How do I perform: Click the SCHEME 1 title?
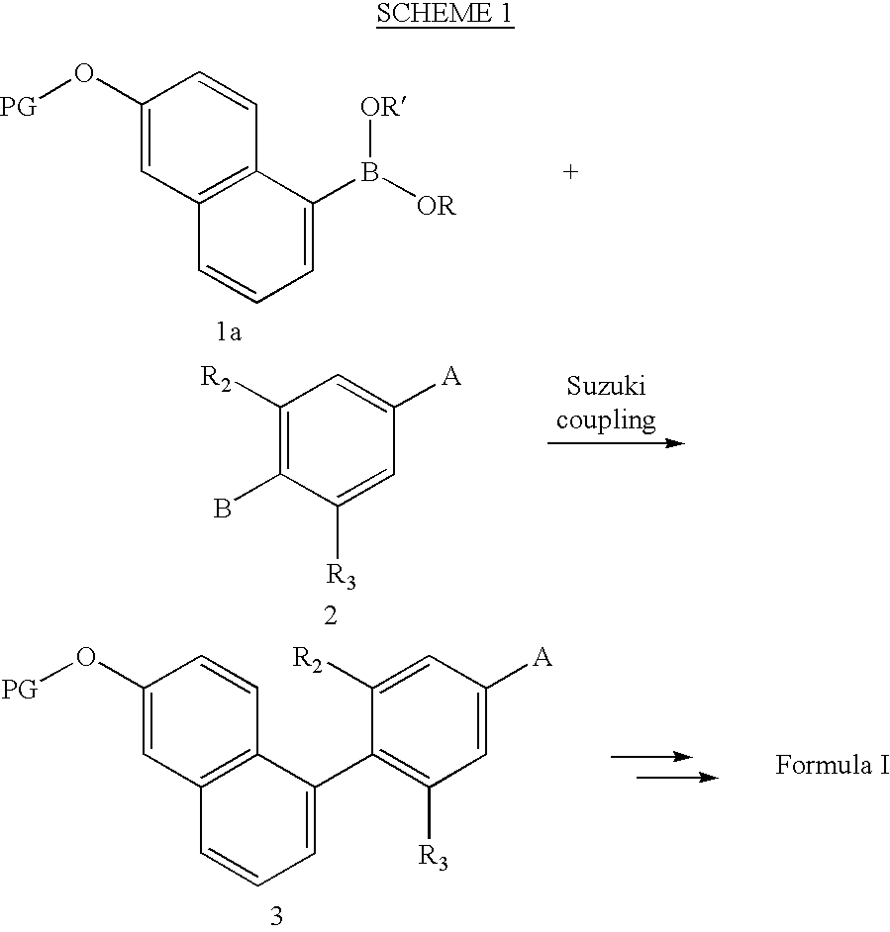coord(445,13)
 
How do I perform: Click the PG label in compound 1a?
coord(18,107)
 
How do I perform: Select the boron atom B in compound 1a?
coord(370,172)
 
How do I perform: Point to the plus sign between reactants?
coord(570,172)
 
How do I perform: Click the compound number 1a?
coord(229,332)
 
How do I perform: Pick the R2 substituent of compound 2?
coord(216,377)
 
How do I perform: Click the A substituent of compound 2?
coord(451,376)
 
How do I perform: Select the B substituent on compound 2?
coord(222,509)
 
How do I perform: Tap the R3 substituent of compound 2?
coord(341,577)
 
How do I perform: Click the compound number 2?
coord(331,615)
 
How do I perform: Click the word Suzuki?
coord(606,386)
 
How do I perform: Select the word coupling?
coord(606,420)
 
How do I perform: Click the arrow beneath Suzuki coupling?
coord(617,443)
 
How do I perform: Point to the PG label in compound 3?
coord(19,690)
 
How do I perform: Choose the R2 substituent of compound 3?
coord(307,660)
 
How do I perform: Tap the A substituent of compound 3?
coord(542,657)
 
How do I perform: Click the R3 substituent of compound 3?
coord(433,858)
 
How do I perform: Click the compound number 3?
coord(276,916)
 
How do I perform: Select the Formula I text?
coord(833,765)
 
